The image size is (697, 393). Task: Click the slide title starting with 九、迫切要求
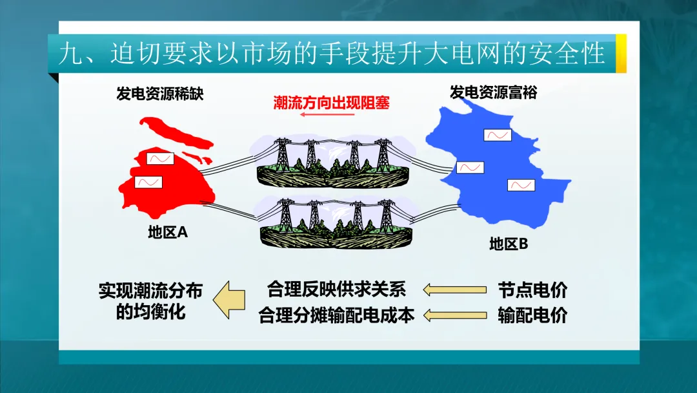click(332, 54)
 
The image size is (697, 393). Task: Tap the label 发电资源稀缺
click(159, 94)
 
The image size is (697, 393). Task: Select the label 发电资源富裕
click(494, 92)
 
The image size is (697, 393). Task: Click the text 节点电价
click(532, 290)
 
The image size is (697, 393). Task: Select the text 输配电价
click(532, 315)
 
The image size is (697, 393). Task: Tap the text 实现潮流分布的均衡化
click(151, 301)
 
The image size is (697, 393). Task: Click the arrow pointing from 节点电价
click(455, 290)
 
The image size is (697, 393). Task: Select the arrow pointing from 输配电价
click(455, 315)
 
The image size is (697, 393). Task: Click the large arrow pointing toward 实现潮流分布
click(230, 301)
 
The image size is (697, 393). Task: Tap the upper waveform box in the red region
click(160, 158)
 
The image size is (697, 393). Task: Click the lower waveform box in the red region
click(148, 182)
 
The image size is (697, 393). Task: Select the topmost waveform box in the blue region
click(498, 135)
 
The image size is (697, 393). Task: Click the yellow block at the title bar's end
click(621, 54)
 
